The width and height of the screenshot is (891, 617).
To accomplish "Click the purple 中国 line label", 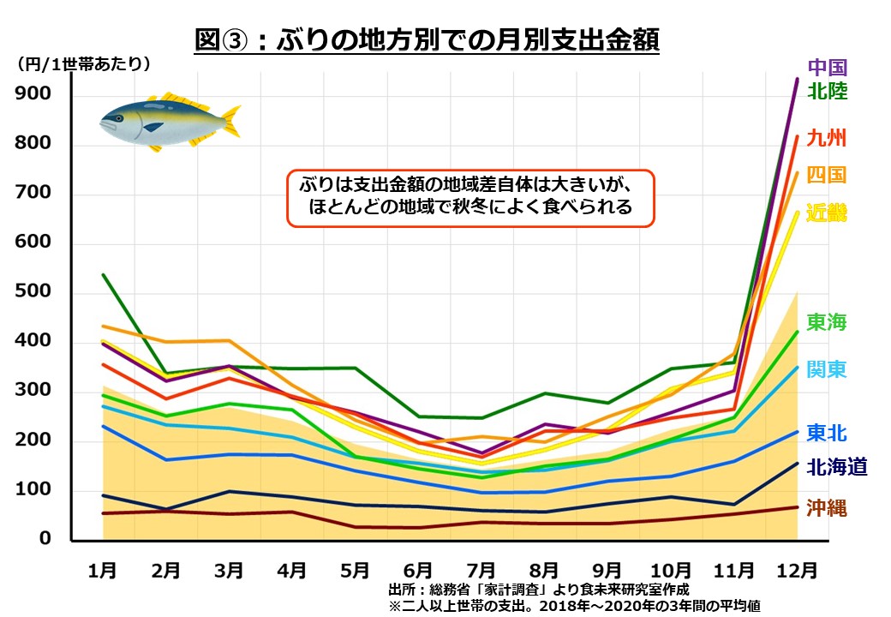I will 827,67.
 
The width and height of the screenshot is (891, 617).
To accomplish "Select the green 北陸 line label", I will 827,91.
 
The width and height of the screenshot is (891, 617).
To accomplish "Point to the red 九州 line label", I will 827,138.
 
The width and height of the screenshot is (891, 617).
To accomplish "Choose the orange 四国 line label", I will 827,175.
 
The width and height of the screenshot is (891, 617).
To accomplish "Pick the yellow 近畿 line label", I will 827,213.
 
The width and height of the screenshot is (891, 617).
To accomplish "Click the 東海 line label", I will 827,323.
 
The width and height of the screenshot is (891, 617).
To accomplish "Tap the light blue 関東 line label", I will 827,369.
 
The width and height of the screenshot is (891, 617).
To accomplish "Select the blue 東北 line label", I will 827,433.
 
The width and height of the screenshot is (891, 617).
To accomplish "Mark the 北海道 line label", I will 836,467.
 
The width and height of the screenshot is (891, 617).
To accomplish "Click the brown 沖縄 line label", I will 827,507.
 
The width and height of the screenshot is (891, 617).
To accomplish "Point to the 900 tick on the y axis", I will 33,95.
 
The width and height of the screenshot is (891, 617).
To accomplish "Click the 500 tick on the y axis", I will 33,293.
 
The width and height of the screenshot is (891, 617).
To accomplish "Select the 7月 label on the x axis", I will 481,568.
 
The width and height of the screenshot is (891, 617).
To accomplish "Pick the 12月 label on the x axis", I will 796,568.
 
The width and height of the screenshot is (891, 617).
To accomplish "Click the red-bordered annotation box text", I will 470,195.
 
